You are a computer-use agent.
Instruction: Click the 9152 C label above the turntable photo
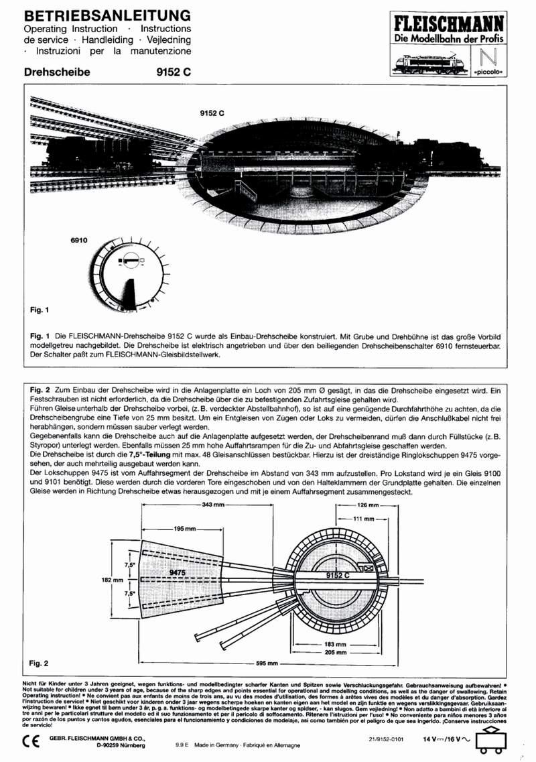[211, 114]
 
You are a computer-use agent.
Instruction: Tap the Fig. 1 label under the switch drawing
[40, 310]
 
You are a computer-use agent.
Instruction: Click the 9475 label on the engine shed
[177, 574]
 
